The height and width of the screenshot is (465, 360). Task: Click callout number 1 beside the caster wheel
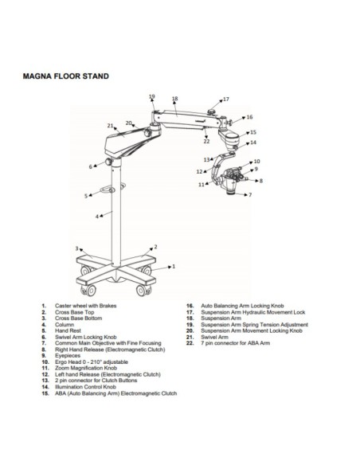coord(174,268)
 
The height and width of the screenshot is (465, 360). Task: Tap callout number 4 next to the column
coord(97,216)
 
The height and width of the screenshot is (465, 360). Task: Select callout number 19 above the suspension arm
coord(152,96)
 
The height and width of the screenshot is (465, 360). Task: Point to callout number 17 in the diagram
coord(225,100)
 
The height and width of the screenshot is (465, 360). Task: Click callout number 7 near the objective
coord(249,194)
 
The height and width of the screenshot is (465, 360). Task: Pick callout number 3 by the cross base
coord(77,248)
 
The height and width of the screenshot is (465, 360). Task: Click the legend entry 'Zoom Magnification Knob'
coord(84,369)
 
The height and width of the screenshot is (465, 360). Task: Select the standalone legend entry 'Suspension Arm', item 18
coord(220,319)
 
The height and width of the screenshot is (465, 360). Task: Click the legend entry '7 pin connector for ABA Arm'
coord(237,343)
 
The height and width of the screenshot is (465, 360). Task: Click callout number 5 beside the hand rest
coord(85,195)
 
